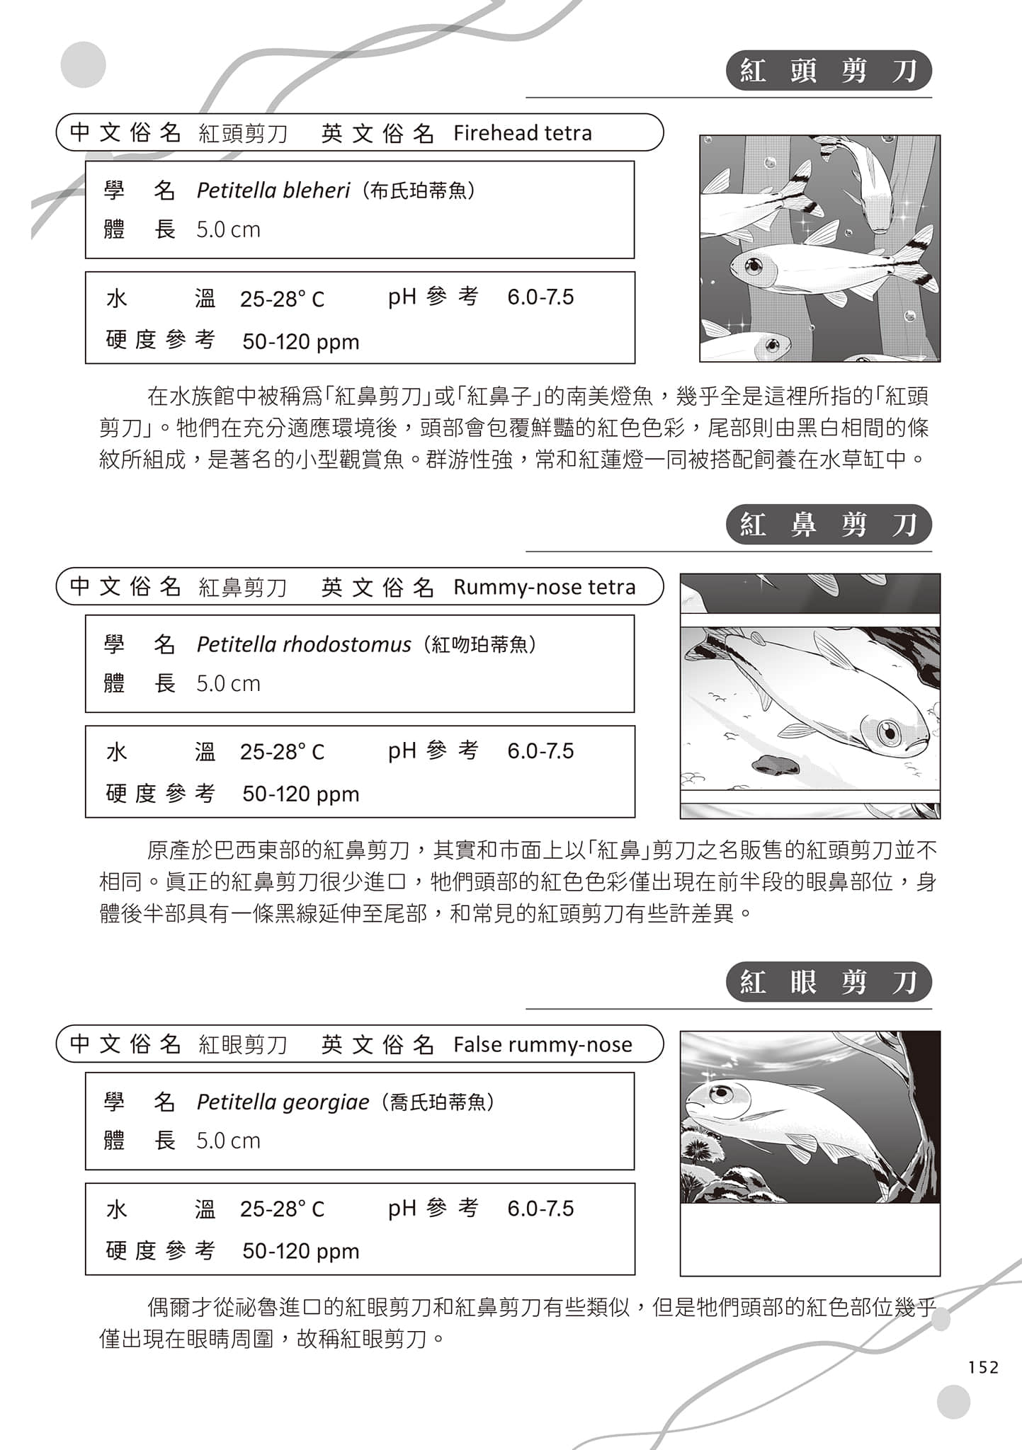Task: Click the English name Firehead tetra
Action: click(x=522, y=133)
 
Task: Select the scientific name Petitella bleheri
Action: click(x=273, y=190)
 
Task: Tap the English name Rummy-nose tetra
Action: click(x=544, y=587)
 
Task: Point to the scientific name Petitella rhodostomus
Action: click(x=303, y=644)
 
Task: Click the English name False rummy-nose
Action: click(x=543, y=1044)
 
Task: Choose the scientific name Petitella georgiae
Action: click(x=283, y=1102)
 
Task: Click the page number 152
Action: click(x=983, y=1366)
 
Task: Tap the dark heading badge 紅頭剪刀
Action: click(x=828, y=71)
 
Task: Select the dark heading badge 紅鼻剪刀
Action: click(x=828, y=525)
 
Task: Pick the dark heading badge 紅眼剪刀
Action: click(x=828, y=982)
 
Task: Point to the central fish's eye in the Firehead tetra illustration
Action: click(x=754, y=267)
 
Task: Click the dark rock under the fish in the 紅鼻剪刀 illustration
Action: click(x=775, y=765)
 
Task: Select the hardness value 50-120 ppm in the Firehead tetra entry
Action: click(x=300, y=342)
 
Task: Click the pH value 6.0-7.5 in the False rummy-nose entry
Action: click(x=540, y=1208)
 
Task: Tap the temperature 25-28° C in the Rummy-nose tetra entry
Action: click(x=282, y=751)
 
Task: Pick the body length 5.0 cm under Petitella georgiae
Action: click(x=228, y=1141)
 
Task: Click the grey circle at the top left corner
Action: click(x=83, y=64)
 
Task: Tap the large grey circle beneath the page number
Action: click(x=953, y=1402)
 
